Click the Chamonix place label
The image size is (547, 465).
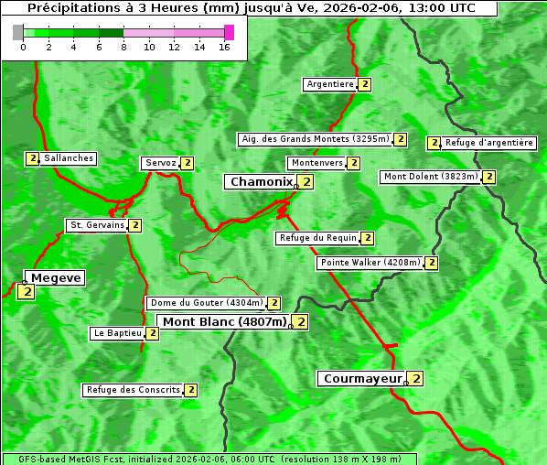point(261,182)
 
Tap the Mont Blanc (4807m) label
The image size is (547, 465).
point(224,321)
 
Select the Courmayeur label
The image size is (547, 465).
point(362,378)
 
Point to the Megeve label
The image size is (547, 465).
point(56,277)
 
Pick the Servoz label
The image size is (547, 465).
point(160,163)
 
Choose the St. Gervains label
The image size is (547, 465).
point(96,225)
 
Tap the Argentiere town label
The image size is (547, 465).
point(330,84)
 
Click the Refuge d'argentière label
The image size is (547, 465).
point(488,143)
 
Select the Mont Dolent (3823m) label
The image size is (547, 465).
point(431,177)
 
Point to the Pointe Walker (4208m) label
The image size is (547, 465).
point(370,263)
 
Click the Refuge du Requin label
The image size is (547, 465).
point(317,238)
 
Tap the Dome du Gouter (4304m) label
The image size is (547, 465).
point(206,303)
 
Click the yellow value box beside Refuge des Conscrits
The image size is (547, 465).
point(190,390)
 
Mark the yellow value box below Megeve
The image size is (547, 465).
point(26,292)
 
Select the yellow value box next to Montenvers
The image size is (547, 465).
point(353,163)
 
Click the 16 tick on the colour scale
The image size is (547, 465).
point(224,47)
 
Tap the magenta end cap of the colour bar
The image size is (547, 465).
point(229,32)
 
